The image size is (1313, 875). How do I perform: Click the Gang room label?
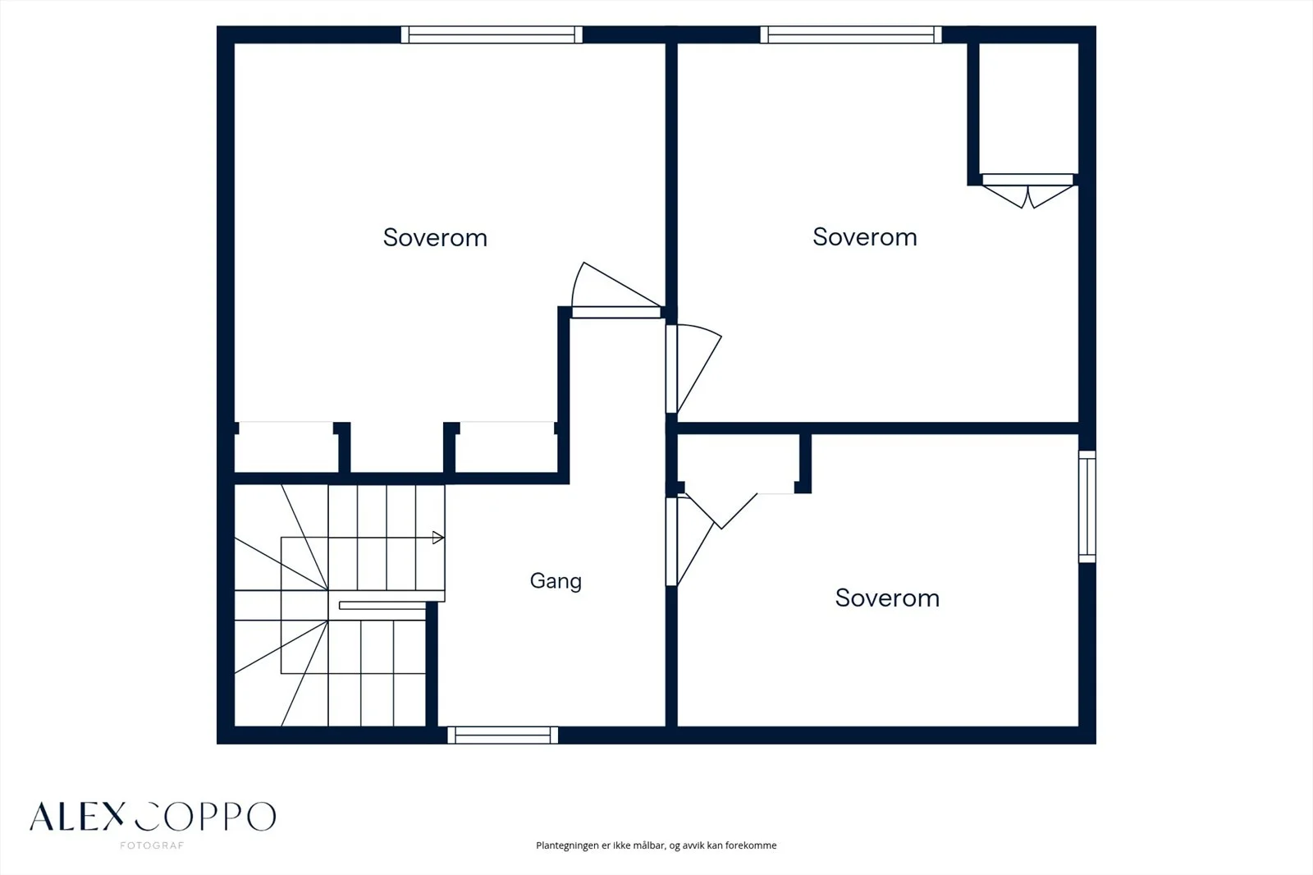coord(556,581)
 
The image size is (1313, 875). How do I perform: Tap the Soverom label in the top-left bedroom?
coord(435,237)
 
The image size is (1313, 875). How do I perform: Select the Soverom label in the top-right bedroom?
coord(865,237)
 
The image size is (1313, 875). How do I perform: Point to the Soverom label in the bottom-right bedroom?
coord(887,598)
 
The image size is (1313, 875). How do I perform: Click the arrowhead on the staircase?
coord(438,537)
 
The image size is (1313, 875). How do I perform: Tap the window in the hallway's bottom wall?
coord(502,735)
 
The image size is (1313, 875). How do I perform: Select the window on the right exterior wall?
coord(1087,506)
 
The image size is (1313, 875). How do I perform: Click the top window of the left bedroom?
coord(492,34)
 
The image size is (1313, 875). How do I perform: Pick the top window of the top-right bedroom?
coord(850,34)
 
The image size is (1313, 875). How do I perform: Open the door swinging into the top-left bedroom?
coord(615,291)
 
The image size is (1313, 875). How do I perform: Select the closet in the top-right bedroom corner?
coord(1028,108)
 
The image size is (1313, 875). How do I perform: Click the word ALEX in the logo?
coord(77,817)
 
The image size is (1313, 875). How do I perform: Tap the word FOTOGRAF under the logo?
coord(153,845)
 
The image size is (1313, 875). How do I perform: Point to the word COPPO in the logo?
coord(205,817)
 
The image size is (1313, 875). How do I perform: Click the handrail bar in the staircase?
coord(382,605)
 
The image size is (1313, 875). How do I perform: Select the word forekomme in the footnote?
coord(751,845)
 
